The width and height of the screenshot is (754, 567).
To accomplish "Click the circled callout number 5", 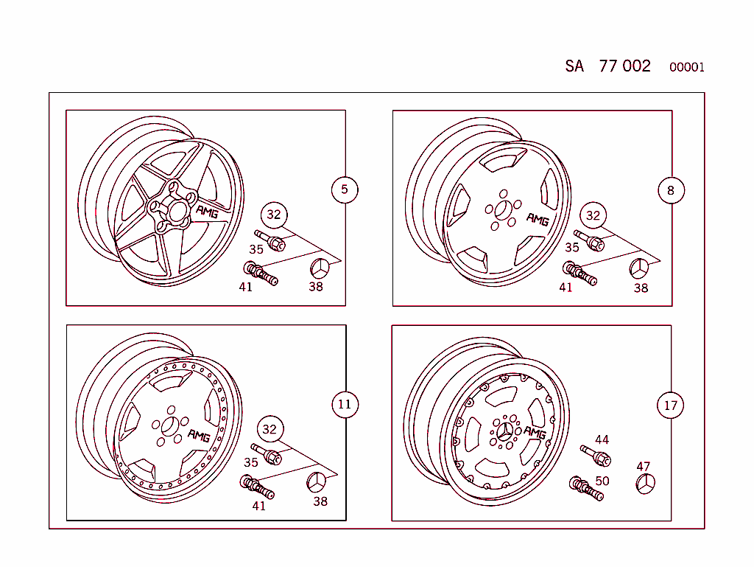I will click(x=344, y=189).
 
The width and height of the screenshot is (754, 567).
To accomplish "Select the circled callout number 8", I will click(x=670, y=191).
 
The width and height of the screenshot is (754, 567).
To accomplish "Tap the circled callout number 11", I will click(x=345, y=404).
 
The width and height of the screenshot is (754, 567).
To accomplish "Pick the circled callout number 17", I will click(x=670, y=406).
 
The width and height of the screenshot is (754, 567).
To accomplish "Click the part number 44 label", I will click(x=602, y=439).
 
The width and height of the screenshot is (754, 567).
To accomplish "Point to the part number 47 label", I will click(x=644, y=466).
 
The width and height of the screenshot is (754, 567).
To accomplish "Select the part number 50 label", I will click(x=602, y=481).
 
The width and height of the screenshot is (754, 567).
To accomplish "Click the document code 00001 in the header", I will click(x=686, y=68).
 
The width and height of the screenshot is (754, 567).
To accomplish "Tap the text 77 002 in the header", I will click(x=624, y=66).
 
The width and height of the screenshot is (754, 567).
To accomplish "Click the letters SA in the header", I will click(x=574, y=66).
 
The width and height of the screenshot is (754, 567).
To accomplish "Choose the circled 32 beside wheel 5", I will click(x=274, y=215).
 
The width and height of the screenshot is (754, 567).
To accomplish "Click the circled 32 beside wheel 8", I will click(x=593, y=215).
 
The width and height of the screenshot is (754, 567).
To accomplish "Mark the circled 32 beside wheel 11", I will click(x=269, y=429).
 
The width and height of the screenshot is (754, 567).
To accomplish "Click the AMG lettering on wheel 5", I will click(x=207, y=212).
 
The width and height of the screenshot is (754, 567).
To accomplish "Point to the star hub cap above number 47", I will click(x=645, y=484).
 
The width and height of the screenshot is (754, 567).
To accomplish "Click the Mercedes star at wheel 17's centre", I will click(x=505, y=432).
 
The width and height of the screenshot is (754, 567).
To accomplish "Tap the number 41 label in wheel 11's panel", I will click(x=258, y=506).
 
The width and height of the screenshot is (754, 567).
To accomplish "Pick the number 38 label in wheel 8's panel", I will click(x=641, y=288).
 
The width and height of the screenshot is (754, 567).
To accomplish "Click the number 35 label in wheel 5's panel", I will click(x=256, y=249).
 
